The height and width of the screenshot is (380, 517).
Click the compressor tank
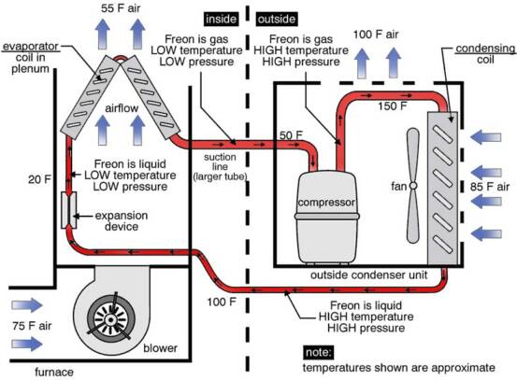tap(326, 217)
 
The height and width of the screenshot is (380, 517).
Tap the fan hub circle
tap(413, 186)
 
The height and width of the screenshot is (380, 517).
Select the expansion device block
tap(69, 210)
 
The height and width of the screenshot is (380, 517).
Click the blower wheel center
tap(110, 319)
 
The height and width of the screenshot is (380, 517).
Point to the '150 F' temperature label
tap(392, 106)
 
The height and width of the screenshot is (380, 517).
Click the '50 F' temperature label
tap(291, 135)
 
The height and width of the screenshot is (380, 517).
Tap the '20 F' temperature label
tap(39, 179)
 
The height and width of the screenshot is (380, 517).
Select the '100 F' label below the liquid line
tap(222, 302)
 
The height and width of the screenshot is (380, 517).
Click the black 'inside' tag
tap(221, 19)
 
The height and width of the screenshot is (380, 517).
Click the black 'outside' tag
tap(277, 19)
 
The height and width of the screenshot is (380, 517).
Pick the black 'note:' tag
tap(318, 352)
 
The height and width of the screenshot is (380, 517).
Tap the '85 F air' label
tap(490, 187)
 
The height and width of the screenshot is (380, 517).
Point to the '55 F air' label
tap(121, 8)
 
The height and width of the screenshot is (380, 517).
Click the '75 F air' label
tap(32, 326)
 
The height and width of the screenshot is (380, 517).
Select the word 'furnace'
tap(54, 373)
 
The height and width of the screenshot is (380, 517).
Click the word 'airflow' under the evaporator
tap(122, 108)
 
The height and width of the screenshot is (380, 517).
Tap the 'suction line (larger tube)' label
tap(220, 166)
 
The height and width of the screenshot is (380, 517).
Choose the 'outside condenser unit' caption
tap(369, 274)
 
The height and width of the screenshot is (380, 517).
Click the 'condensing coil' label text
tap(485, 54)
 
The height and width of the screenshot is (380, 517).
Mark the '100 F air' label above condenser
tap(376, 35)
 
